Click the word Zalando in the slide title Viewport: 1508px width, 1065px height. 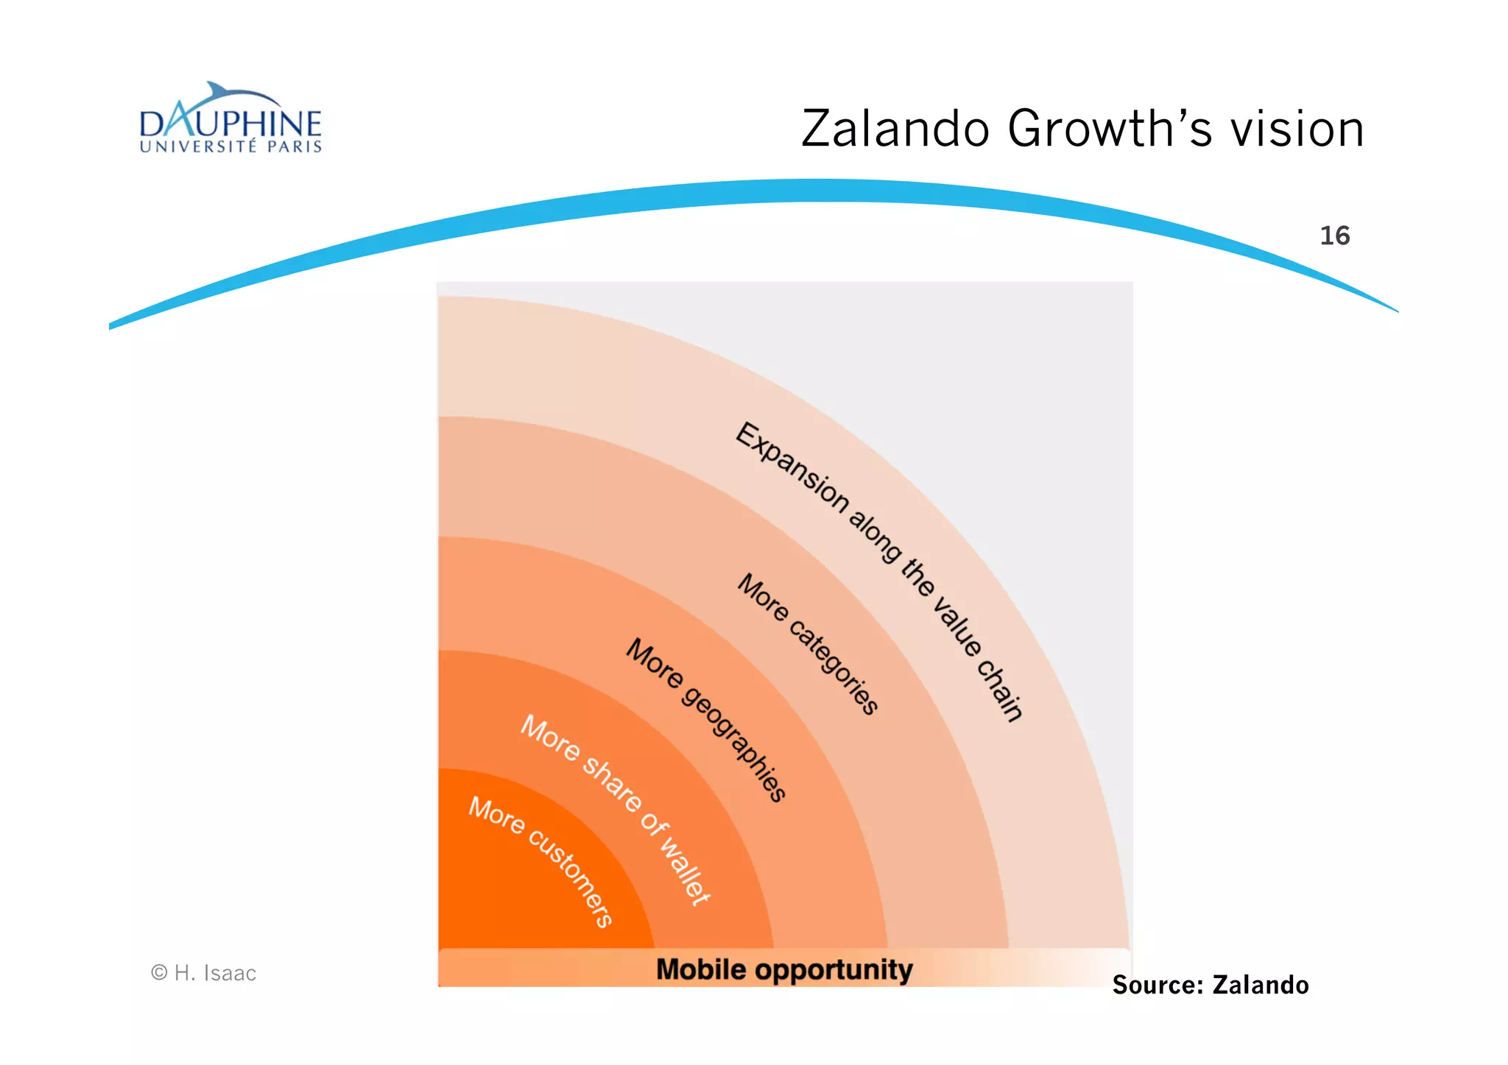click(x=895, y=129)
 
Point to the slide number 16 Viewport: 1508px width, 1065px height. click(x=1334, y=236)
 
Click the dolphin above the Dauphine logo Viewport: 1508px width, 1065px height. click(x=236, y=96)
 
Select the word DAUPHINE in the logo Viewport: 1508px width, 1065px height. click(x=230, y=124)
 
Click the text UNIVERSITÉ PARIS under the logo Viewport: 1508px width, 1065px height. click(x=230, y=146)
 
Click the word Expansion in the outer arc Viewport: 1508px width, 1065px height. click(x=792, y=467)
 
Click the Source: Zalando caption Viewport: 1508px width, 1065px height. click(x=1210, y=985)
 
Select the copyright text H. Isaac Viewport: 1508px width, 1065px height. click(x=215, y=973)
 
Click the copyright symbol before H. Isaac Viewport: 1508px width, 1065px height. click(x=159, y=972)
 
